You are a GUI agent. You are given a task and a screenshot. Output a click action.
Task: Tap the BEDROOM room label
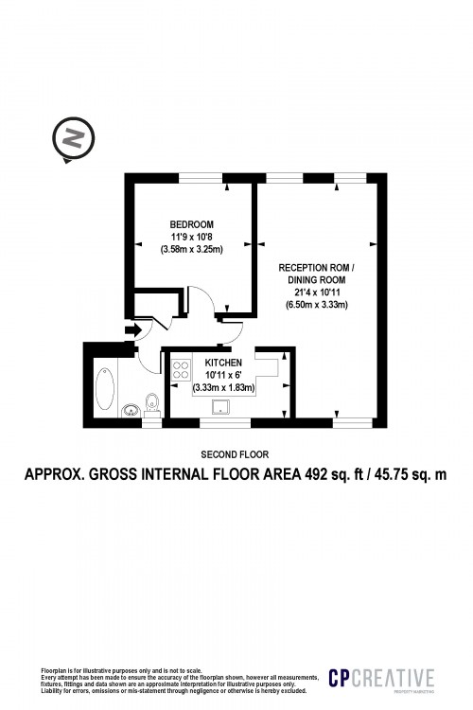click(x=191, y=223)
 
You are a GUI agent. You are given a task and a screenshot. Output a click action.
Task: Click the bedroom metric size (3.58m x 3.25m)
click(x=191, y=250)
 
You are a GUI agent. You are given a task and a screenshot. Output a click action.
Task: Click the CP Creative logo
click(x=380, y=678)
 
